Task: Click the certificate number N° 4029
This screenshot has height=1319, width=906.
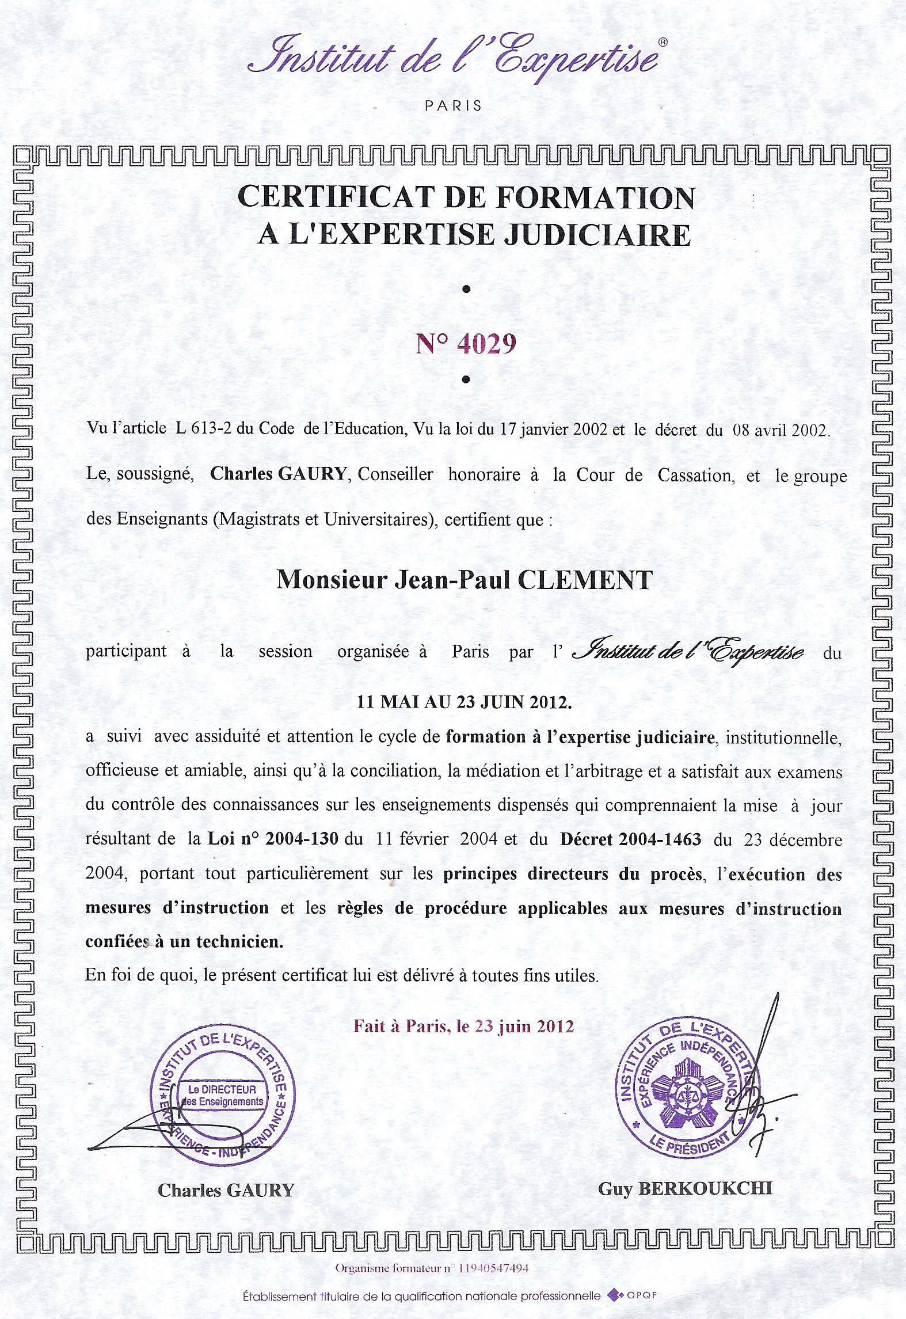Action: point(466,344)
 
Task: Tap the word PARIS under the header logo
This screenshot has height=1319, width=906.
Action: point(454,106)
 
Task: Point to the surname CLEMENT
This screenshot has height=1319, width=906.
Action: point(585,580)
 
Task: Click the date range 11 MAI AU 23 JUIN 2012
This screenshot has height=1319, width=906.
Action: point(465,702)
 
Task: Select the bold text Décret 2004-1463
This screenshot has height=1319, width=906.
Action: point(630,839)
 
